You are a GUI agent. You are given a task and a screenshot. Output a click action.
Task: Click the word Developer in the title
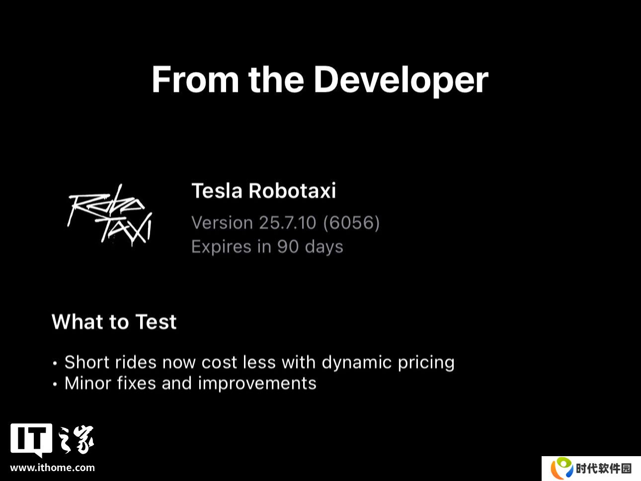[401, 80]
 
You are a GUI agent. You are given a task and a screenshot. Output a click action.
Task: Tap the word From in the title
[195, 80]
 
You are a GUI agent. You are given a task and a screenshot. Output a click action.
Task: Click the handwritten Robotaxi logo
[110, 215]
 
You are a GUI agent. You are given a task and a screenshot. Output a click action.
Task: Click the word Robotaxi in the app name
[292, 191]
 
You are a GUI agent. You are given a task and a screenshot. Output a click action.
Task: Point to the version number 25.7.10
[287, 223]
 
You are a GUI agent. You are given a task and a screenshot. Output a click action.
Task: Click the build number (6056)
[351, 223]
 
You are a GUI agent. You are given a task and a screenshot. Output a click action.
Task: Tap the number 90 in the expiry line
[288, 246]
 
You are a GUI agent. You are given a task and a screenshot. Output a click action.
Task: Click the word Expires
[221, 247]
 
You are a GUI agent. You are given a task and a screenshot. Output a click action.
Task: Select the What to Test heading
[114, 322]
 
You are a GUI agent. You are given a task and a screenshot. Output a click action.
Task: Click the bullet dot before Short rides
[55, 364]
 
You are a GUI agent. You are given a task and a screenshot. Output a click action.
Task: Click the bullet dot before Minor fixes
[55, 384]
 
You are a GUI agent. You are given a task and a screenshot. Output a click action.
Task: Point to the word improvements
[257, 384]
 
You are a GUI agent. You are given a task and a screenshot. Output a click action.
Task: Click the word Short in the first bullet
[87, 362]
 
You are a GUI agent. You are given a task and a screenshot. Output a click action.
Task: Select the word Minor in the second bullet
[87, 383]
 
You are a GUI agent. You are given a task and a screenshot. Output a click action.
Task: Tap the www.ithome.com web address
[53, 468]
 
